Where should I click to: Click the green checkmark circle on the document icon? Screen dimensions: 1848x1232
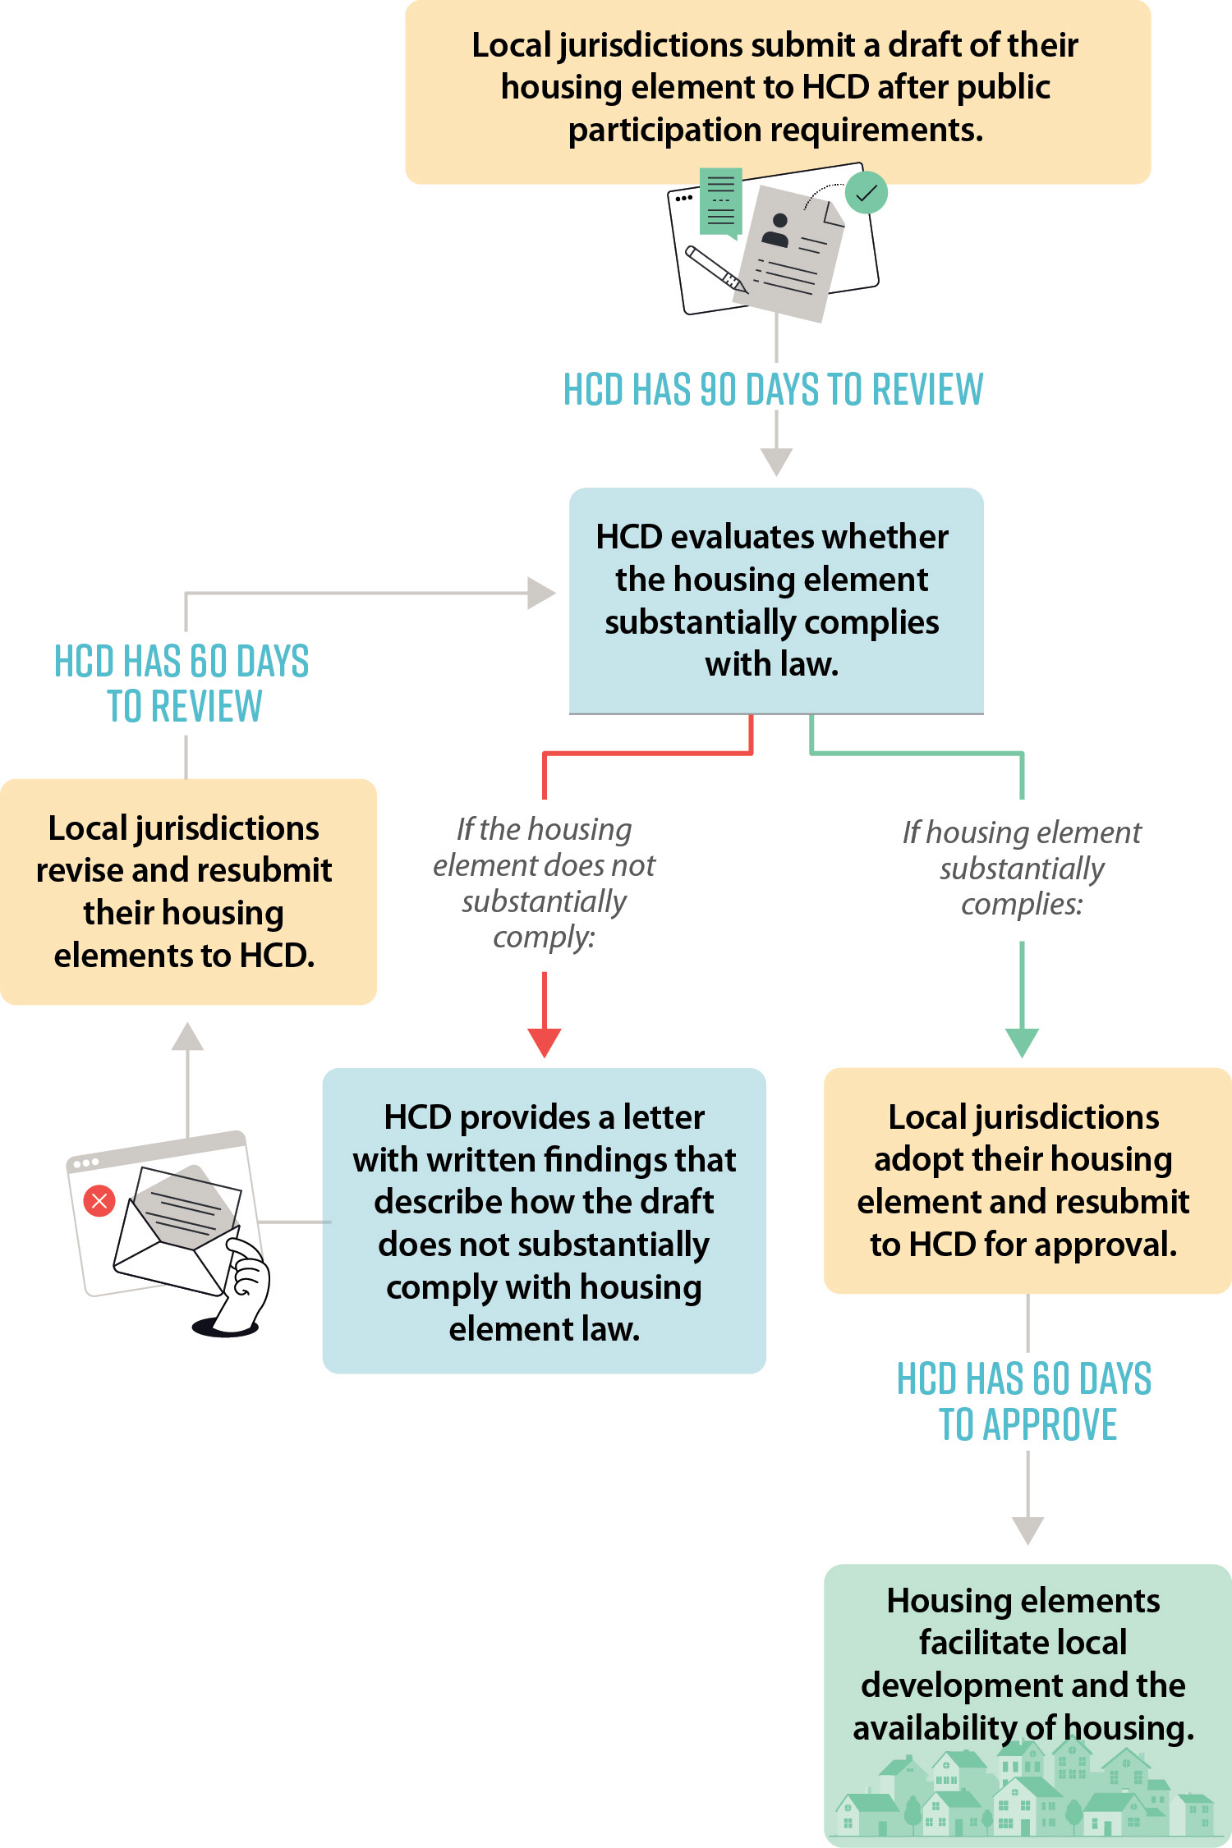pyautogui.click(x=867, y=193)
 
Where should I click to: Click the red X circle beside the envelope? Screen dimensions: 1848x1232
pyautogui.click(x=99, y=1201)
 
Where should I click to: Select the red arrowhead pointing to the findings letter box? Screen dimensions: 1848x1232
pyautogui.click(x=545, y=1043)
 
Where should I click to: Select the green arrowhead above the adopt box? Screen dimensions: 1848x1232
pyautogui.click(x=1023, y=1043)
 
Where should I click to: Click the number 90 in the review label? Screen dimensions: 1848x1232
pyautogui.click(x=719, y=390)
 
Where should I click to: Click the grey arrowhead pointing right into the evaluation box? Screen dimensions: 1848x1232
pyautogui.click(x=540, y=593)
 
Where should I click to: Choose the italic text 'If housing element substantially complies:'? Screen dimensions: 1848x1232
pyautogui.click(x=1022, y=868)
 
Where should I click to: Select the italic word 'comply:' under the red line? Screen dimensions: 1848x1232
pyautogui.click(x=544, y=937)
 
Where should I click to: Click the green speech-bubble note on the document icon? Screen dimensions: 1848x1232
pyautogui.click(x=720, y=202)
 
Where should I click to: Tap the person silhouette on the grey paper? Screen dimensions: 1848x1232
pyautogui.click(x=776, y=231)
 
